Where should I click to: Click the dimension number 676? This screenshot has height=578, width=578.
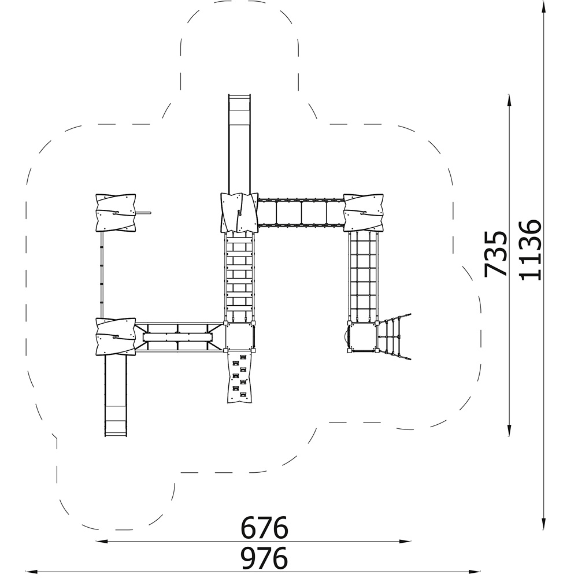coord(264,528)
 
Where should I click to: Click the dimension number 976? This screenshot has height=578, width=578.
coord(264,558)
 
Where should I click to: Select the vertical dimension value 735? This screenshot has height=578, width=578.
coord(495,254)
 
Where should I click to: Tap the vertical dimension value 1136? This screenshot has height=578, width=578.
coord(530,250)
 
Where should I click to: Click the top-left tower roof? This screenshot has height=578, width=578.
coord(116,213)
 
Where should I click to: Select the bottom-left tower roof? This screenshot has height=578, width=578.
coord(116,336)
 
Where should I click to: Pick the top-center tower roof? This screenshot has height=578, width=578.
coord(239,213)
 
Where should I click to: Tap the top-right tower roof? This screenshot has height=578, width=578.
coord(364,213)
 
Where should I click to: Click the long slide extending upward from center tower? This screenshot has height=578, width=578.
coord(240,144)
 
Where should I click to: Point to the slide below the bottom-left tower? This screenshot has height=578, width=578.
coord(116,396)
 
